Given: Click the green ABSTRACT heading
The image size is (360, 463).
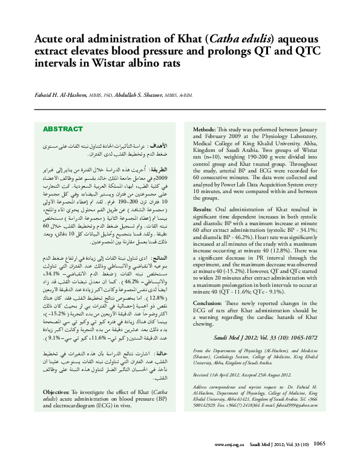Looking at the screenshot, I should pos(62,130).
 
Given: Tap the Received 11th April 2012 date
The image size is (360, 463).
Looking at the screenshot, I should pos(218,375).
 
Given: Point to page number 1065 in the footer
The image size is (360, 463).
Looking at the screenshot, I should pos(320,444).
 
